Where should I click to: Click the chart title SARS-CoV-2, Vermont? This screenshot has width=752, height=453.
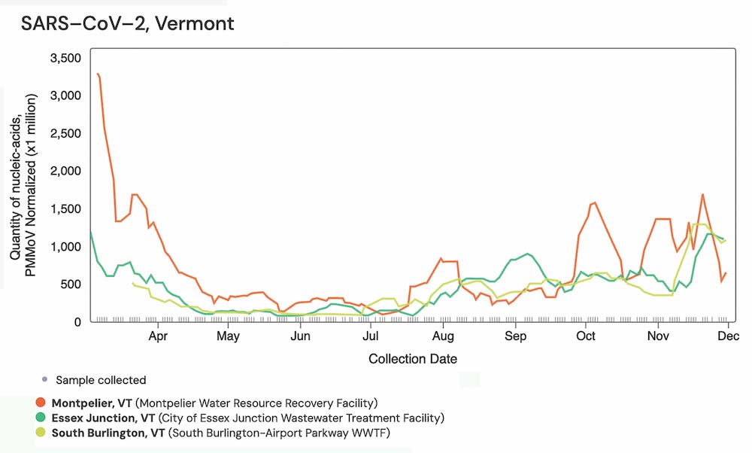coord(127,23)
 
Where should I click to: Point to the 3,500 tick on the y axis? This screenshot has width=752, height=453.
coord(66,58)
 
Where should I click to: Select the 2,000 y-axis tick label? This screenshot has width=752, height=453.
coord(66,171)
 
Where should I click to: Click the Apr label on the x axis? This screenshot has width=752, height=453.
coord(158,336)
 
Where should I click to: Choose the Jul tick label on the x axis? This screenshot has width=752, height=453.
coord(370,336)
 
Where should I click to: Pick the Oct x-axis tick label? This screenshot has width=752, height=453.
coord(587,336)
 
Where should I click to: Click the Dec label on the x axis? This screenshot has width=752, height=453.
coord(727,336)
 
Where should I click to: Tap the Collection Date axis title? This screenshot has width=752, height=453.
coord(413,359)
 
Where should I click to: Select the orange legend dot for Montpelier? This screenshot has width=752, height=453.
coord(39,403)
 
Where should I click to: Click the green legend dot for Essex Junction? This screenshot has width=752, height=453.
coord(39,418)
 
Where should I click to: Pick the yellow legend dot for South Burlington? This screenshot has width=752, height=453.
coord(39,433)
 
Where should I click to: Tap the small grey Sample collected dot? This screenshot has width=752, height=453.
coord(44,379)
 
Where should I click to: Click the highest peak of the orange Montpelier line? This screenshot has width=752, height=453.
coord(98,74)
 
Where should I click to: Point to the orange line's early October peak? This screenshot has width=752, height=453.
coord(594,202)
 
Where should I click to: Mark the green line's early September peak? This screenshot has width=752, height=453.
coord(527,254)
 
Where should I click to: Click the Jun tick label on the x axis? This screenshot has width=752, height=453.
coord(300,336)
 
